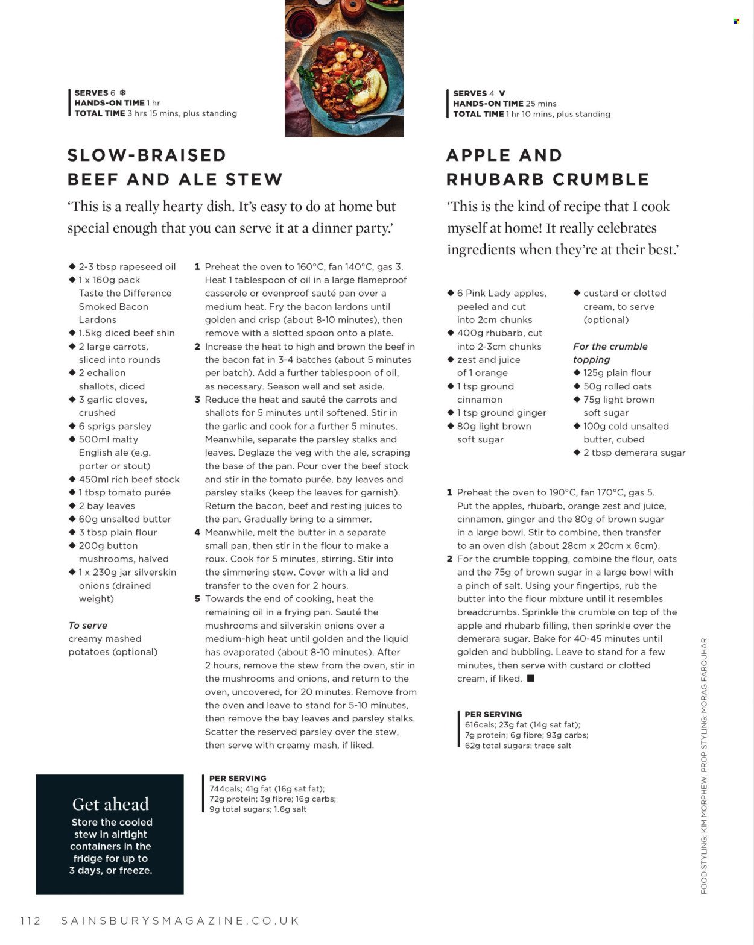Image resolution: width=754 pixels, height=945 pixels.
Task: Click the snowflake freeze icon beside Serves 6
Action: click(122, 93)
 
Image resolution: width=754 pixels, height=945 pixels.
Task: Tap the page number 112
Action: click(30, 920)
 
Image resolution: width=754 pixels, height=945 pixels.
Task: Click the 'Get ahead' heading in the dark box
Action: click(110, 804)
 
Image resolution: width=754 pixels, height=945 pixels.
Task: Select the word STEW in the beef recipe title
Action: click(254, 179)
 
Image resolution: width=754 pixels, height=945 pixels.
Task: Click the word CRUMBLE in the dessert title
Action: click(601, 179)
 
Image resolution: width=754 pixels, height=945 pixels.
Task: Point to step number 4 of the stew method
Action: click(197, 532)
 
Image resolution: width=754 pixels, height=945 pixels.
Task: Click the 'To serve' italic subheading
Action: click(88, 626)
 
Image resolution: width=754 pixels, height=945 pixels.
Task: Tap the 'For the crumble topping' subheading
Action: click(610, 353)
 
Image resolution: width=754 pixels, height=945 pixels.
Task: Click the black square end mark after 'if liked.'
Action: click(531, 678)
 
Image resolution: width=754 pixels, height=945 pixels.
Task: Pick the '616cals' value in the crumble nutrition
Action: click(480, 724)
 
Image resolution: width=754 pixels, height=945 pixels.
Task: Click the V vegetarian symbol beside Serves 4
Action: click(502, 93)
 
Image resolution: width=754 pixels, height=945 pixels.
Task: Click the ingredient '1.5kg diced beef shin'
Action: click(127, 333)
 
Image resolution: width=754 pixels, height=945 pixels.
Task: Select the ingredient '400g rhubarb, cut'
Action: click(499, 333)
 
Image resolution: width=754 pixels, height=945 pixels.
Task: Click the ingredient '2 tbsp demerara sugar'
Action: click(634, 453)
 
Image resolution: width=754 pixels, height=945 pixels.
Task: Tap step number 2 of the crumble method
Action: click(449, 559)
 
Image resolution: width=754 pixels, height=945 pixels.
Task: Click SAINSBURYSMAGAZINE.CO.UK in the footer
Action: click(180, 920)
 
